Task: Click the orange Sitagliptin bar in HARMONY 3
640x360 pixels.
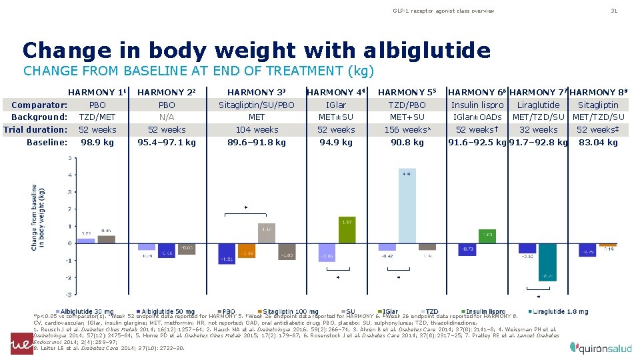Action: [247, 249]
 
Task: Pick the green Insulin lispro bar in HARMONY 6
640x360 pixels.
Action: [487, 236]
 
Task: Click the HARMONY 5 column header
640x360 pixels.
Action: [406, 92]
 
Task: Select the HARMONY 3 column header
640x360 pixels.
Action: [257, 92]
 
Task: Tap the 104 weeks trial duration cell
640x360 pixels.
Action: [257, 130]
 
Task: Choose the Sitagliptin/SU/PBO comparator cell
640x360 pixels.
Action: [257, 105]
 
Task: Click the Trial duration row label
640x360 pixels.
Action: [35, 130]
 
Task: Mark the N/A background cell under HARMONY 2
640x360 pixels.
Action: [167, 117]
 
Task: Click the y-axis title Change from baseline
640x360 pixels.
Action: [38, 217]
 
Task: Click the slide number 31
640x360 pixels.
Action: [615, 11]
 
